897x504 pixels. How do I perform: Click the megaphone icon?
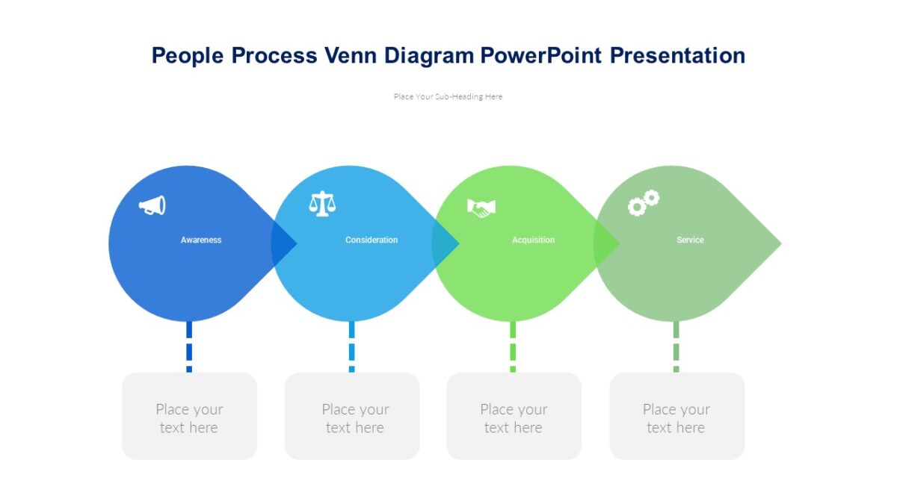click(x=152, y=205)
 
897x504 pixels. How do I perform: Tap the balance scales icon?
click(x=322, y=204)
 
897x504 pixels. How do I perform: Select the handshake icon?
click(x=481, y=208)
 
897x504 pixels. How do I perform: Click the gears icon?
click(x=643, y=203)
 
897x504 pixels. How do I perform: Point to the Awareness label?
click(x=201, y=240)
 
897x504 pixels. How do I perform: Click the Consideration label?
click(x=372, y=240)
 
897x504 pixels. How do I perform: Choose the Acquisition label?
click(x=533, y=240)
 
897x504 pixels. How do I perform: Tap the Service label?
click(x=690, y=240)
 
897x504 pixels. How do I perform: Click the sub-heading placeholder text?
click(x=448, y=96)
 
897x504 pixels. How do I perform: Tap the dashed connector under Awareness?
click(x=189, y=347)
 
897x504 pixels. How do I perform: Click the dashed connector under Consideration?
click(x=351, y=347)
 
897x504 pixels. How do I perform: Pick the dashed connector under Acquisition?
click(x=513, y=347)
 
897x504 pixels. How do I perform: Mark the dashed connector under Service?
click(x=676, y=347)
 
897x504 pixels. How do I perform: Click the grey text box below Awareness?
click(x=189, y=417)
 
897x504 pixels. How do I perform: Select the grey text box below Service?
click(x=676, y=417)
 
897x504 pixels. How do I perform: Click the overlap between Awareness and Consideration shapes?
click(x=283, y=243)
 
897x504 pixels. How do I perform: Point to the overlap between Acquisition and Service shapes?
click(x=605, y=243)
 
